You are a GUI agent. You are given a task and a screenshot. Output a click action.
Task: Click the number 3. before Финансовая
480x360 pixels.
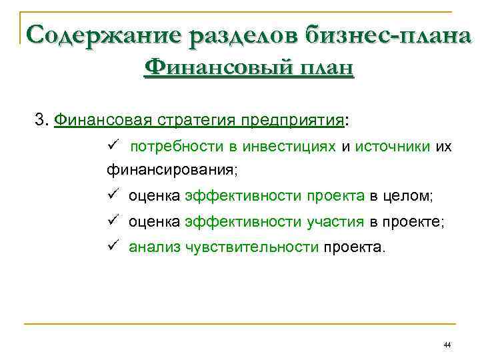(42, 120)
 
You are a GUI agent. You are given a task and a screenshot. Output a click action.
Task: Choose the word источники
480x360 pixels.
(393, 146)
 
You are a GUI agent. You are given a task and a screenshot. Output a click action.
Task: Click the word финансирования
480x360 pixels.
(170, 169)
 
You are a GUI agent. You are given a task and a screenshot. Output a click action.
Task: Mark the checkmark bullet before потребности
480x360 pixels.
(112, 145)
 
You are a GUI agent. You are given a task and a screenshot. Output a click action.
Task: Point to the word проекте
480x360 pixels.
(413, 222)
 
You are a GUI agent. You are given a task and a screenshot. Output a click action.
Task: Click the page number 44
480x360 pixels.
(447, 345)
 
